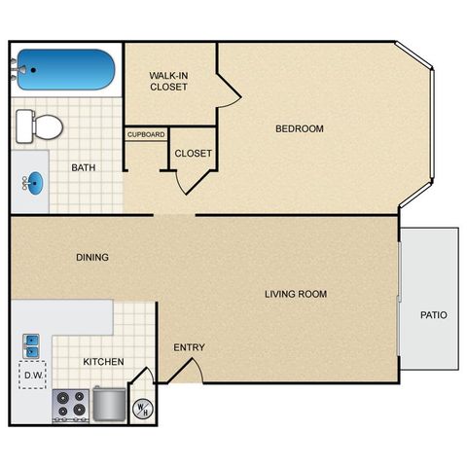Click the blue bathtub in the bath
(66, 69)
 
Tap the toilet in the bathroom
(40, 126)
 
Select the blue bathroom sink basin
(34, 184)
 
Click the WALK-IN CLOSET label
(168, 81)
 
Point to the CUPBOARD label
(146, 134)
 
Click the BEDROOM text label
(300, 128)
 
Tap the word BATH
(84, 167)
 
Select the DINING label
(92, 257)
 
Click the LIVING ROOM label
(296, 294)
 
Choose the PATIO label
(434, 315)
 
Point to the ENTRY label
(189, 347)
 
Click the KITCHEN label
(103, 362)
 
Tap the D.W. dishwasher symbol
(33, 375)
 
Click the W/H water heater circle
(143, 410)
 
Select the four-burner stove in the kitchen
(71, 406)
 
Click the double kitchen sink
(31, 346)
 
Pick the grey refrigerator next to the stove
(109, 404)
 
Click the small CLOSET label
(193, 153)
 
